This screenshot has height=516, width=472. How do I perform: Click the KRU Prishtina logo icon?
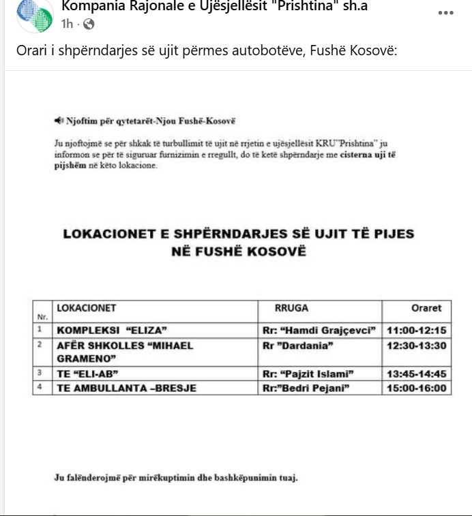(x=35, y=15)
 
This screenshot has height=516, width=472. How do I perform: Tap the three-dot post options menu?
(x=445, y=13)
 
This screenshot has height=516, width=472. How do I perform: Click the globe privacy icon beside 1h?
(x=89, y=25)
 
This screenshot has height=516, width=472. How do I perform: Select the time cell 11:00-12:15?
(x=416, y=331)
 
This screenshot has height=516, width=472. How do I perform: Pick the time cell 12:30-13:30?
(x=416, y=346)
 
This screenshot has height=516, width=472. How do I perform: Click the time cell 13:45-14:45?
(x=416, y=374)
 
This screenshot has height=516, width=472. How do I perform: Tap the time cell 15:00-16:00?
(x=416, y=389)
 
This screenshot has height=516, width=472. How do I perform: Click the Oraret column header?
(x=426, y=308)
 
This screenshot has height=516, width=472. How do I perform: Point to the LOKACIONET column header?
(x=87, y=308)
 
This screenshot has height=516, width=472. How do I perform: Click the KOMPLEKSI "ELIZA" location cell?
(x=112, y=331)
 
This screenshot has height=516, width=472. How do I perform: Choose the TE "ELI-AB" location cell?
(x=89, y=374)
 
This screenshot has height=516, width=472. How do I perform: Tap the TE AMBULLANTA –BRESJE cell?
(x=127, y=389)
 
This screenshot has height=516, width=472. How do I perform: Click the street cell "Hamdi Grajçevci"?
(x=319, y=331)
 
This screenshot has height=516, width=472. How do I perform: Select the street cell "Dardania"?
(x=297, y=346)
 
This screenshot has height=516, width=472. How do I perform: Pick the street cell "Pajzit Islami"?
(x=311, y=374)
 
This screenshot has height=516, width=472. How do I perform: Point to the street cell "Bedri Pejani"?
(x=306, y=389)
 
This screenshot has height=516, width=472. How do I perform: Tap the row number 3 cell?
(x=41, y=374)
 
